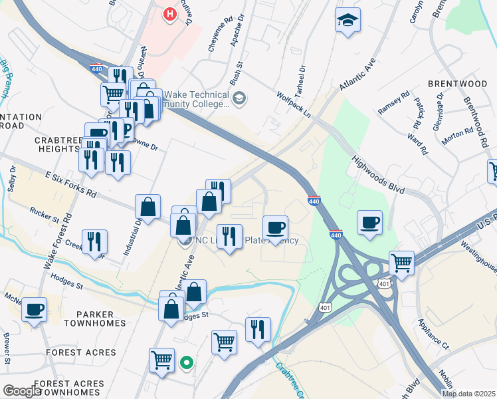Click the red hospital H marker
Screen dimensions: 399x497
point(171,13)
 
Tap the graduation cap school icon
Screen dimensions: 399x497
point(348,21)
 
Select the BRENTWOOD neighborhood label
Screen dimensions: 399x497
point(457,84)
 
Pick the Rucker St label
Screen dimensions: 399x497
point(45,214)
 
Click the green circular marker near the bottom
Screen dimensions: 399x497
point(187,362)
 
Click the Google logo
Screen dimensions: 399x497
point(22,391)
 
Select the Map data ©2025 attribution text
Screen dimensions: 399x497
point(468,394)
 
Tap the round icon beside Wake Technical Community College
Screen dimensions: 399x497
point(240,99)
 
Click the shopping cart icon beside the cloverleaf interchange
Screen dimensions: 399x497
point(401,261)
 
